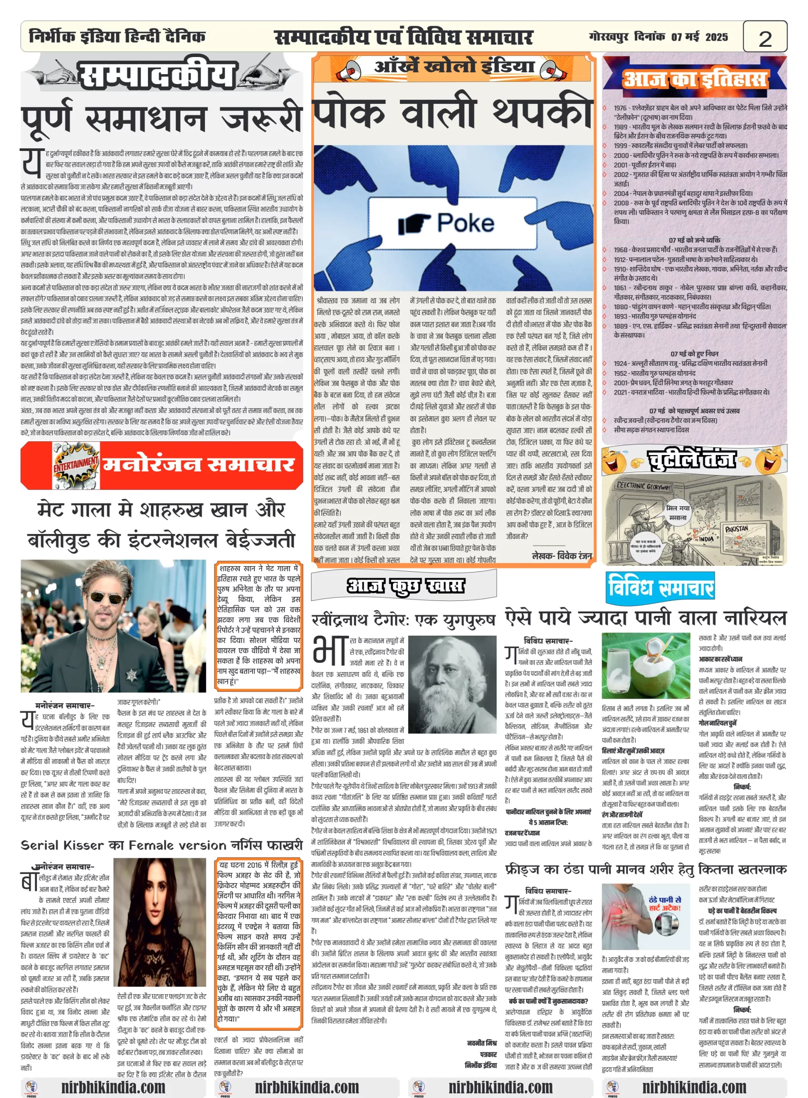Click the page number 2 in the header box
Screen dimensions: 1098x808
pyautogui.click(x=765, y=38)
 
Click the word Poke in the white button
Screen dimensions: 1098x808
pyautogui.click(x=466, y=223)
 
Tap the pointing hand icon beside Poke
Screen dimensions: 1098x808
pyautogui.click(x=414, y=224)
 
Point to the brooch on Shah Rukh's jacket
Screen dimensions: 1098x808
pyautogui.click(x=132, y=676)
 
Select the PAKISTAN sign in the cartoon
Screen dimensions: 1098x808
pyautogui.click(x=736, y=529)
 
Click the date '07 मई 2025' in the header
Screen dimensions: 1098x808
pyautogui.click(x=699, y=37)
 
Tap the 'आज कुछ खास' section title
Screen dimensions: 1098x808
pyautogui.click(x=405, y=585)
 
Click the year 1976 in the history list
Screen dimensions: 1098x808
pyautogui.click(x=620, y=108)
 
